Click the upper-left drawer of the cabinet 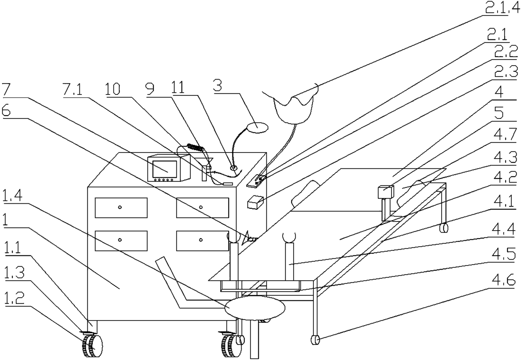click(121, 208)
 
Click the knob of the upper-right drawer click(201, 207)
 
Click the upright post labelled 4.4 click(290, 261)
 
